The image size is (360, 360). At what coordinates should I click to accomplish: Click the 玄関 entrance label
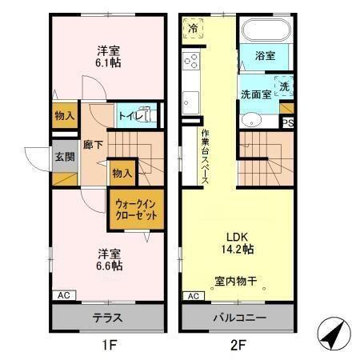coord(65,156)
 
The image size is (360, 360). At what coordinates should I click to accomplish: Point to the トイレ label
coord(128,116)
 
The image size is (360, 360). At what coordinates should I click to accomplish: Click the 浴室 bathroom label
coord(266,55)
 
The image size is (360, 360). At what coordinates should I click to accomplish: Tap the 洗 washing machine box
coord(285,86)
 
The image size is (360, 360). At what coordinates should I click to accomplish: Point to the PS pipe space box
coord(287,122)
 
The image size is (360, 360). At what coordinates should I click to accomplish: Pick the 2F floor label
coord(238,346)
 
